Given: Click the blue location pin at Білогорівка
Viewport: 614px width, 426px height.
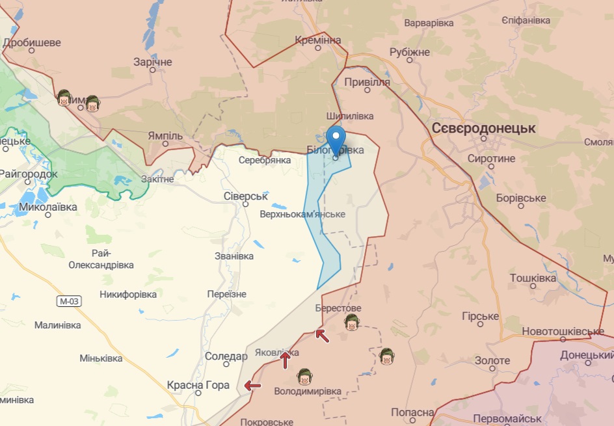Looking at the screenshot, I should click(x=336, y=139).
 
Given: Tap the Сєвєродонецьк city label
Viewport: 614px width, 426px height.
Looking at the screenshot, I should click(x=483, y=128).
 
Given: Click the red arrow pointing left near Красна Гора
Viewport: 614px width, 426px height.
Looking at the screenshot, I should click(x=252, y=386).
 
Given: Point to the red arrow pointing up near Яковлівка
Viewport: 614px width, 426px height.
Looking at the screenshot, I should click(x=285, y=360).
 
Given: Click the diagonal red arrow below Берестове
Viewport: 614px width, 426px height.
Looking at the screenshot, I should click(x=321, y=336).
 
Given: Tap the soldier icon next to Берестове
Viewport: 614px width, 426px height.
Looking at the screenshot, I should click(x=353, y=322).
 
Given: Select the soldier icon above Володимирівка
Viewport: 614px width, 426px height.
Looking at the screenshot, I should click(x=304, y=376).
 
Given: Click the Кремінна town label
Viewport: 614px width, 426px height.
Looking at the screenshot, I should click(x=317, y=40).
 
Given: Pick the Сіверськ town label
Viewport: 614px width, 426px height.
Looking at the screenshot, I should click(x=245, y=196).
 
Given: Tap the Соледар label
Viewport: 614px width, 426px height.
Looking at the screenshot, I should click(x=226, y=356).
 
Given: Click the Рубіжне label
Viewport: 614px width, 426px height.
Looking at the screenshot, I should click(x=410, y=52).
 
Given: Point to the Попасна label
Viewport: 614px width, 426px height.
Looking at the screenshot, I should click(x=412, y=413).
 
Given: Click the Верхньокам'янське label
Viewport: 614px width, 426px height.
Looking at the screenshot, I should click(x=302, y=214).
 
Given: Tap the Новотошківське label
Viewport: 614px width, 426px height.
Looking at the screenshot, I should click(x=563, y=332).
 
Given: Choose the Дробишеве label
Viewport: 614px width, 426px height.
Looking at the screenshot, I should click(x=32, y=43).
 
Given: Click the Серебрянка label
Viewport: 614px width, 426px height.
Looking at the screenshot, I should click(x=264, y=159).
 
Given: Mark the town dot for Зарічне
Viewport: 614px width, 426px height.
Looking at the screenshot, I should click(x=153, y=70).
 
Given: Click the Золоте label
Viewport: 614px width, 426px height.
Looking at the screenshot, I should click(x=492, y=360).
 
